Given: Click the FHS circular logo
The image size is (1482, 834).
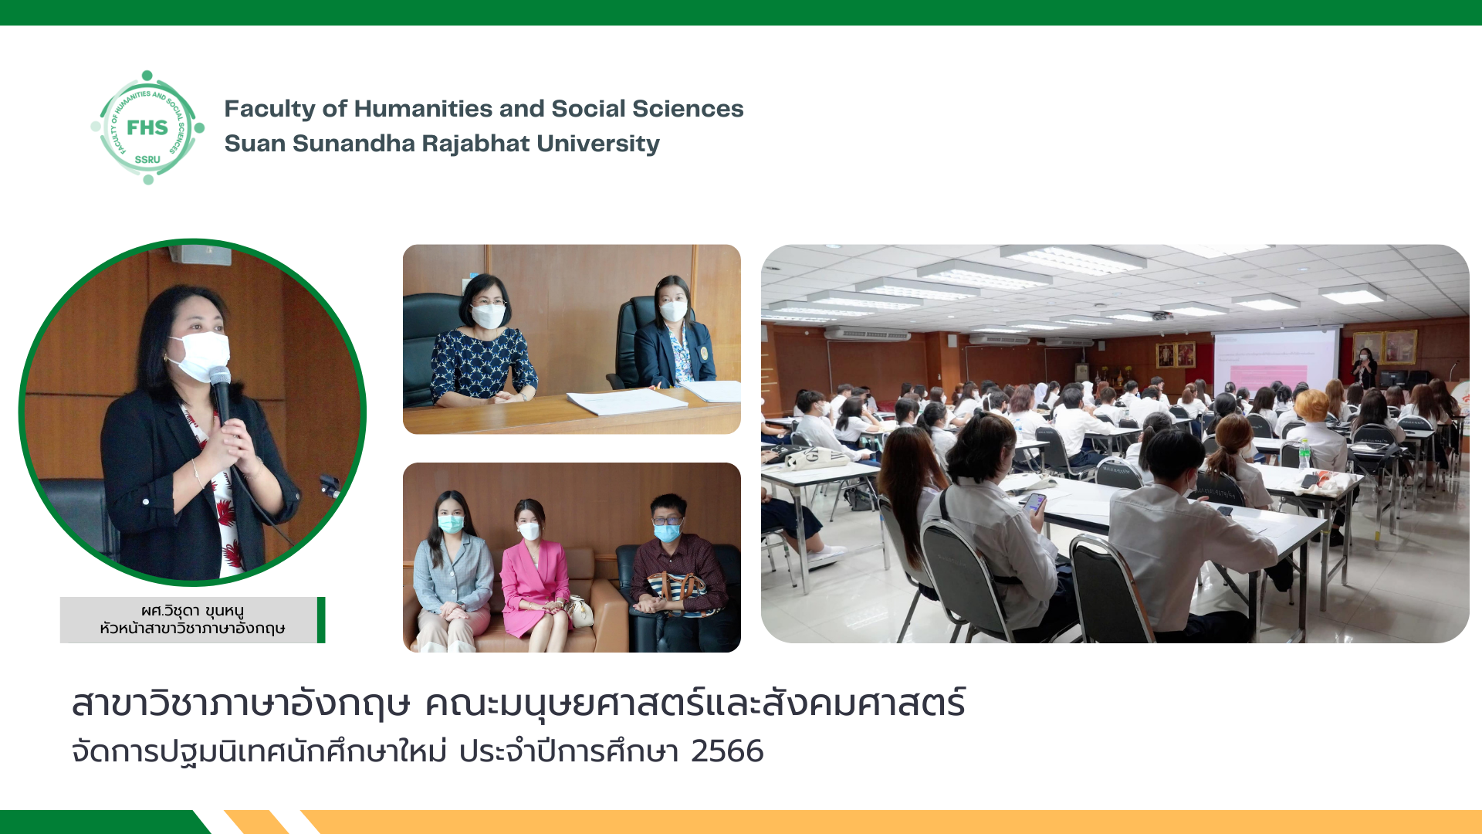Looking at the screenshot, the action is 147,127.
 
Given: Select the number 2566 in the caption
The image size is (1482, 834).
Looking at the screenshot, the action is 727,751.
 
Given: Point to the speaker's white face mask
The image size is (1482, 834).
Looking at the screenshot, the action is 200,355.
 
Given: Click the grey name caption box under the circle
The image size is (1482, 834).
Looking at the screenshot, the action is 189,619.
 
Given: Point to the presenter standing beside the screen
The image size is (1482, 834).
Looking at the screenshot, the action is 1365,368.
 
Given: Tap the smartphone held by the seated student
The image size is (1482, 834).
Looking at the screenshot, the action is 1034,503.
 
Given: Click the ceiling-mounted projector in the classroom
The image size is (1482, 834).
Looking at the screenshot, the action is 1162,316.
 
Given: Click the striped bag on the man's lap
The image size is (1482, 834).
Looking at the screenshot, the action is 676,593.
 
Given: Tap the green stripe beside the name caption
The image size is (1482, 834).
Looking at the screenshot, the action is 321,619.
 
